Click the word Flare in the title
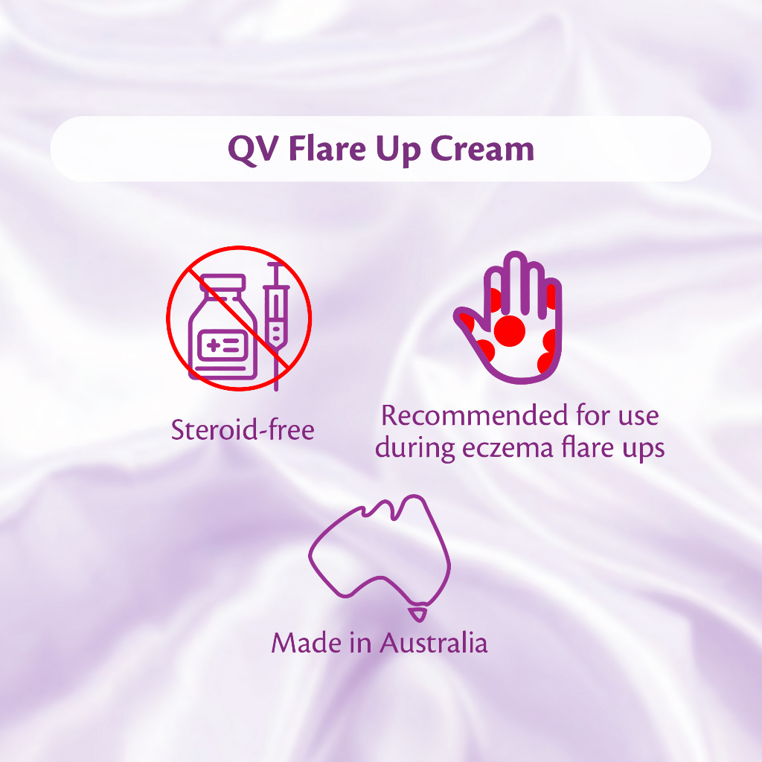[x=327, y=148]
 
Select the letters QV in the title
[x=253, y=150]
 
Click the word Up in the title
[x=398, y=150]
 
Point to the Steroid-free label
[x=243, y=430]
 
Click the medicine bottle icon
[x=222, y=327]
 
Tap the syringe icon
[x=276, y=326]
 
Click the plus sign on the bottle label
[x=214, y=346]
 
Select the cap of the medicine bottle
[x=223, y=282]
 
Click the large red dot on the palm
[x=509, y=330]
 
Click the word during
[x=414, y=448]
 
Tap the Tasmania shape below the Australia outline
[x=417, y=614]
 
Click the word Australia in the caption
[x=434, y=642]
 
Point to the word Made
[x=307, y=642]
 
